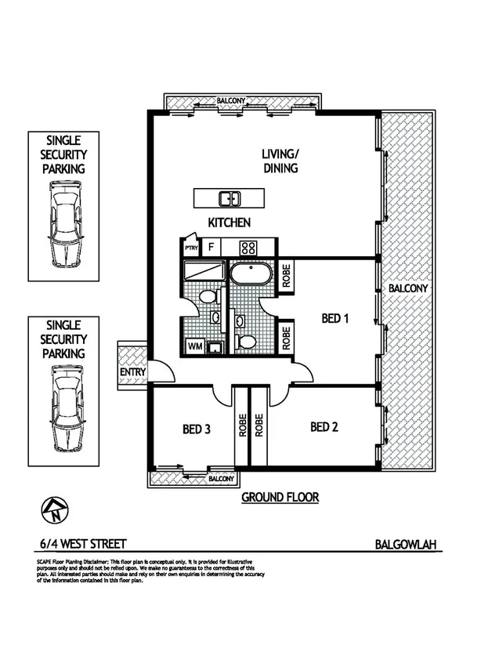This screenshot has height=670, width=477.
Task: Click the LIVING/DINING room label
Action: click(x=280, y=161)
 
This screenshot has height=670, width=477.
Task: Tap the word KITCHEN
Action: click(x=229, y=223)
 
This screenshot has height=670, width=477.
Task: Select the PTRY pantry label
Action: click(x=190, y=248)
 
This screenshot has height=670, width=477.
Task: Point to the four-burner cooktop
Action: click(x=248, y=248)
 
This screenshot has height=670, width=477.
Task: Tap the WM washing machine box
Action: click(x=194, y=346)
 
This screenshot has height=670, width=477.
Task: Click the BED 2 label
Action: click(x=324, y=427)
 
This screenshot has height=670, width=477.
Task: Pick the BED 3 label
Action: click(x=196, y=429)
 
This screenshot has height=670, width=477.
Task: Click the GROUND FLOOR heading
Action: click(x=280, y=498)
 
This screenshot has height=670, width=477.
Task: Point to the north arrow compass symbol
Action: click(x=56, y=512)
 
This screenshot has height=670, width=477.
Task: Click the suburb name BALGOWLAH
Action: click(x=403, y=544)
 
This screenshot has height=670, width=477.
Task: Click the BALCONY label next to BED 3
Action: click(x=222, y=478)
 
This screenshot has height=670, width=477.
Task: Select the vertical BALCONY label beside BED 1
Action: click(x=407, y=288)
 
